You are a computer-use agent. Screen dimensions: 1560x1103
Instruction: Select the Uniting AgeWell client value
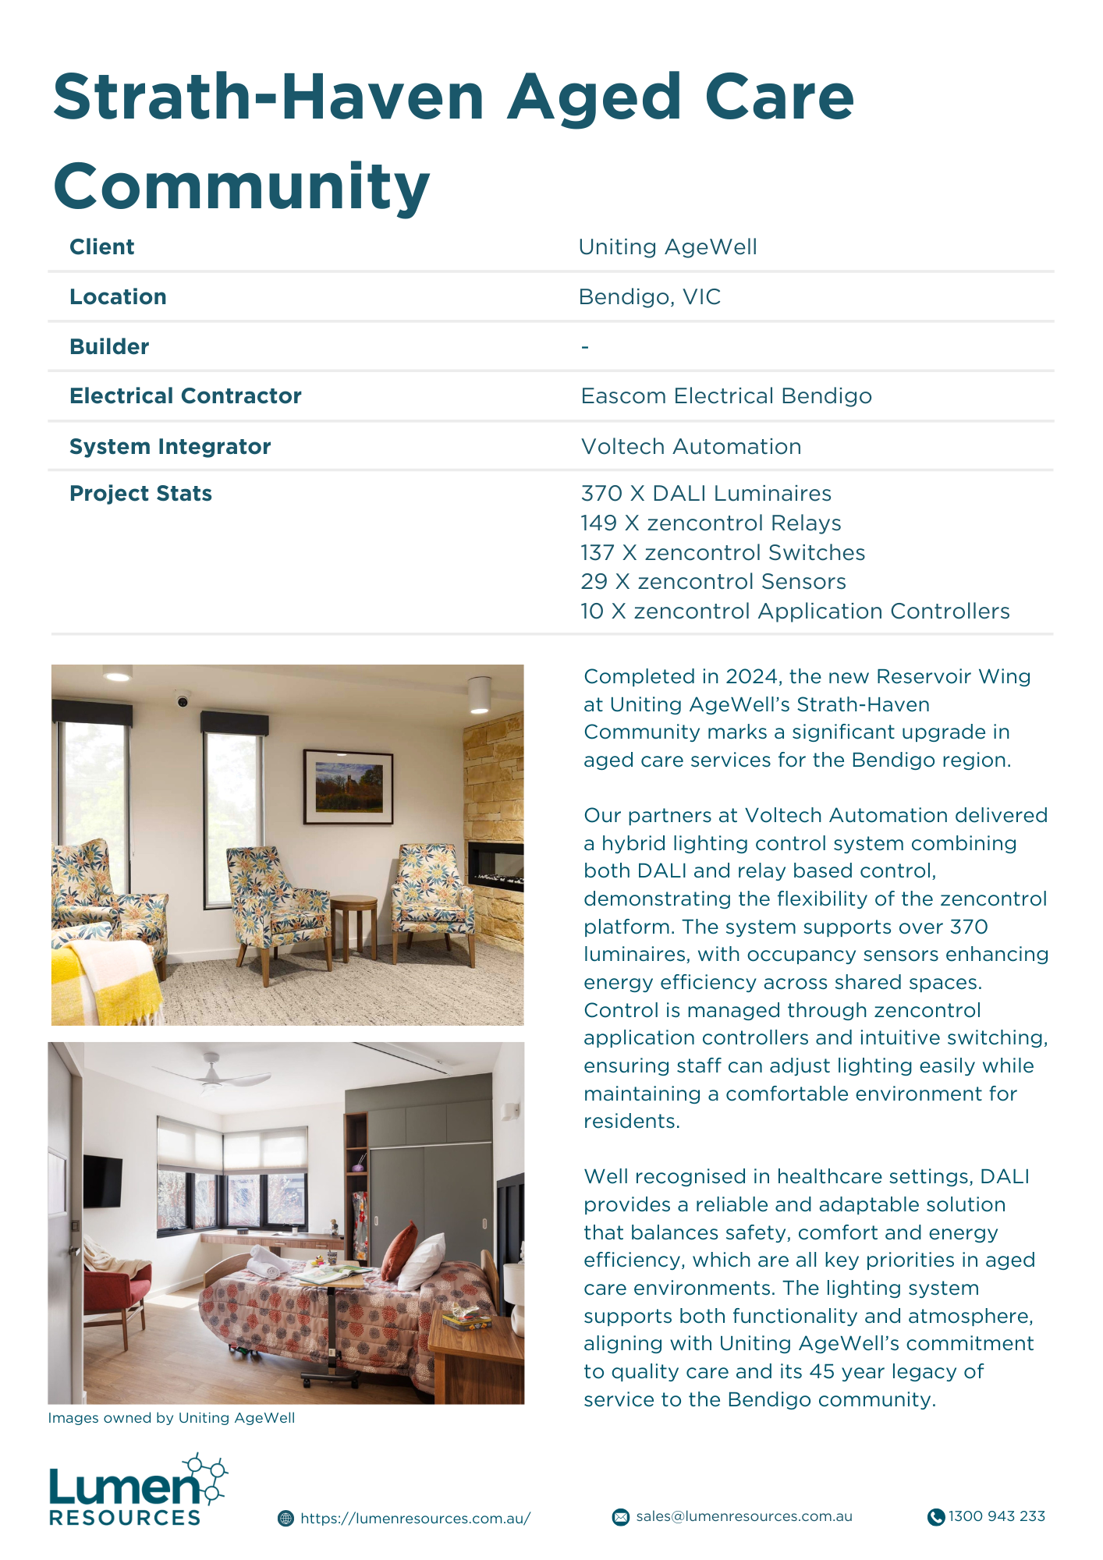pyautogui.click(x=667, y=247)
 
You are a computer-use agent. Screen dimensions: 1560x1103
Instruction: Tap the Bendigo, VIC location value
pyautogui.click(x=649, y=297)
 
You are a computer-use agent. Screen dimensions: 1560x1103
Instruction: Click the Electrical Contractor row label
pyautogui.click(x=185, y=396)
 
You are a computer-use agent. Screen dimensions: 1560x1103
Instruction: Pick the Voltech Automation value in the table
pyautogui.click(x=690, y=447)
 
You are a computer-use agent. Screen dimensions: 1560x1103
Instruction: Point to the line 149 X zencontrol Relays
pyautogui.click(x=710, y=523)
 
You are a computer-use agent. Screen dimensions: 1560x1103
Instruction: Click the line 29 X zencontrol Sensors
pyautogui.click(x=713, y=582)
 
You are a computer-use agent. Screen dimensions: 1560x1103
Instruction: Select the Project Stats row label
pyautogui.click(x=140, y=494)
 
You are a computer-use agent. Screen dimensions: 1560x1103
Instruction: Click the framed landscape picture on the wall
pyautogui.click(x=348, y=786)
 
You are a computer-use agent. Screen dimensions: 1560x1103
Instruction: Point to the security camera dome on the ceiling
pyautogui.click(x=183, y=699)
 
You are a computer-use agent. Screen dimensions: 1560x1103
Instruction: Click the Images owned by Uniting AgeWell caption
pyautogui.click(x=172, y=1418)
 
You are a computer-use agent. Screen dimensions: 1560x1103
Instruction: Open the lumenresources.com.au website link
pyautogui.click(x=414, y=1518)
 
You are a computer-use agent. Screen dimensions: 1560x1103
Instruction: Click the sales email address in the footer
pyautogui.click(x=743, y=1516)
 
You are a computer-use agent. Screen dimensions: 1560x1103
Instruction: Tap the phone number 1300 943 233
pyautogui.click(x=996, y=1516)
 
